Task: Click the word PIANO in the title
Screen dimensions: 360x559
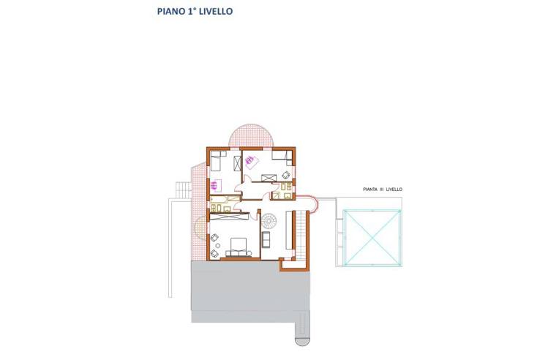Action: (170, 12)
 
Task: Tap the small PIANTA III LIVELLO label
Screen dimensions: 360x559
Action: (382, 190)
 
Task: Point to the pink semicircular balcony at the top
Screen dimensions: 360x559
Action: (252, 135)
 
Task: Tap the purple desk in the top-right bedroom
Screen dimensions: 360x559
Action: (250, 163)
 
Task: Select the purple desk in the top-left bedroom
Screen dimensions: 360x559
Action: (217, 186)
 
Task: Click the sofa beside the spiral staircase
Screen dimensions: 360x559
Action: (266, 240)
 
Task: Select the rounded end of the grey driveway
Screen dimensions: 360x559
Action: (301, 337)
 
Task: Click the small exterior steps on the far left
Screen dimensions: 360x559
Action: (180, 190)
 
